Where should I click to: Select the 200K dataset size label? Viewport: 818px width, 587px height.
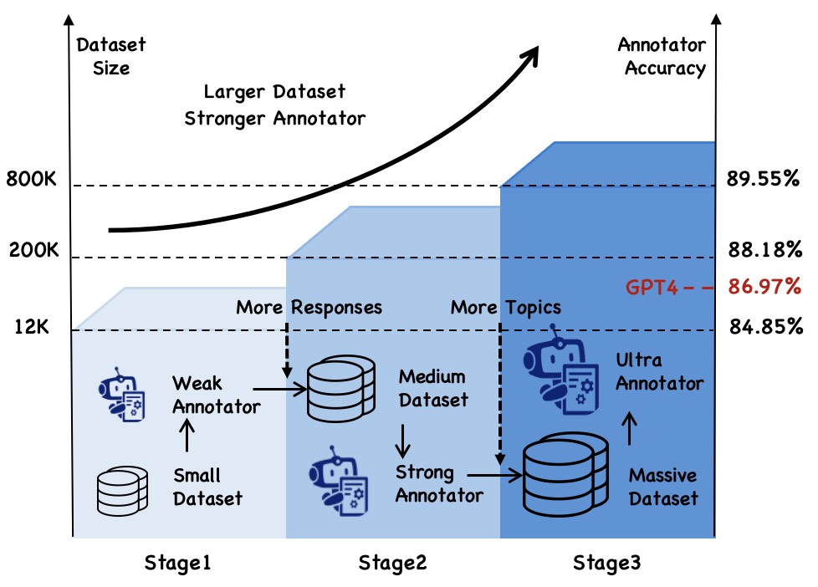(x=32, y=250)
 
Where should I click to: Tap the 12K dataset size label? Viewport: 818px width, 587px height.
(x=32, y=327)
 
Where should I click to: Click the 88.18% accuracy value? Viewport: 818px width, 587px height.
(x=763, y=250)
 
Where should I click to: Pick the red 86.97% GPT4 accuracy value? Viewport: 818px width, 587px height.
(x=763, y=288)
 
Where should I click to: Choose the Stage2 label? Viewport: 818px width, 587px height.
(x=392, y=563)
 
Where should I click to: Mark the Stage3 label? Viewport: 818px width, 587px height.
(x=606, y=563)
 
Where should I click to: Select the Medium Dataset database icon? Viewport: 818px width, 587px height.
(x=336, y=390)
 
